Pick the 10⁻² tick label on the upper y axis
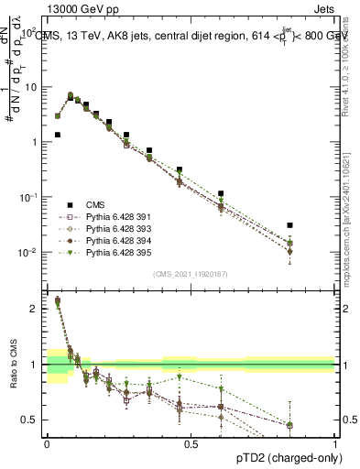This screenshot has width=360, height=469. tap(30, 252)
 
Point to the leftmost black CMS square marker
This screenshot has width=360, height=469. tap(57, 135)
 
